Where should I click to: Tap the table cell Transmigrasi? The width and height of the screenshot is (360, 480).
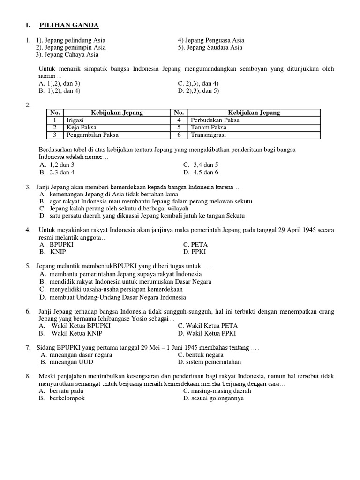point(209,135)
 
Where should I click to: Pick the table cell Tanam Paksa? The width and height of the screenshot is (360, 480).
point(209,127)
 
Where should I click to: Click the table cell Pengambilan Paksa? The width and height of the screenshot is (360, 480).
point(93,135)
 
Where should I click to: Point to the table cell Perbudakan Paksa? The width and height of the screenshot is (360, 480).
point(215,120)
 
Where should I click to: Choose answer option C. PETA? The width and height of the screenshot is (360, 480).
point(195,244)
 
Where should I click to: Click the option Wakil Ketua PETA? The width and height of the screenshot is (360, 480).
point(207,326)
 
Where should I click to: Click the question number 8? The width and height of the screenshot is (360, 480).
point(29,376)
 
